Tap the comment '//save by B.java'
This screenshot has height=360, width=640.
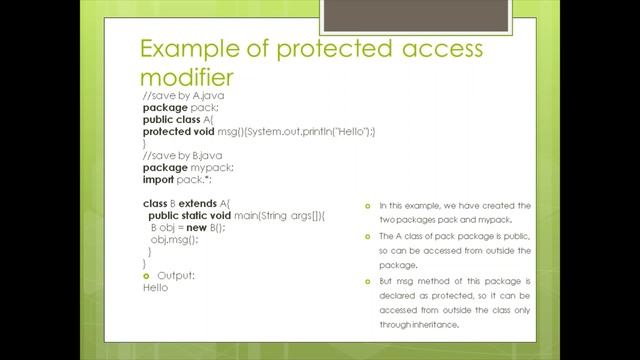180,156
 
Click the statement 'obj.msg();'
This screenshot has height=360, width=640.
174,240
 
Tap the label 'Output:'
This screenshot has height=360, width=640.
176,275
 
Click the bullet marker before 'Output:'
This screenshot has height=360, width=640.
147,275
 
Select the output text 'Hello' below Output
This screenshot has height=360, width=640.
155,288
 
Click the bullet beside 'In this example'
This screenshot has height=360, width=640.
368,206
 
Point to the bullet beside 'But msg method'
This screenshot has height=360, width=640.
368,282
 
